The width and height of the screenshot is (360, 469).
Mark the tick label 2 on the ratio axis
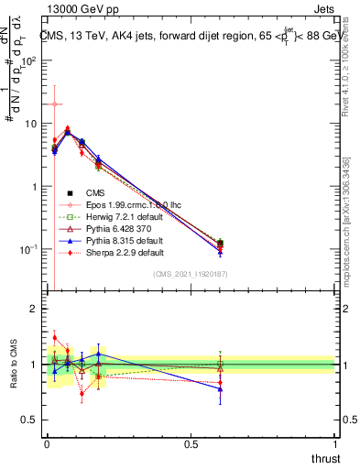pos(33,310)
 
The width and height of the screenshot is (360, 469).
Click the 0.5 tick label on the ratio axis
pos(29,420)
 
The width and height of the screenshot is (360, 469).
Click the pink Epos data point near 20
pos(55,104)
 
